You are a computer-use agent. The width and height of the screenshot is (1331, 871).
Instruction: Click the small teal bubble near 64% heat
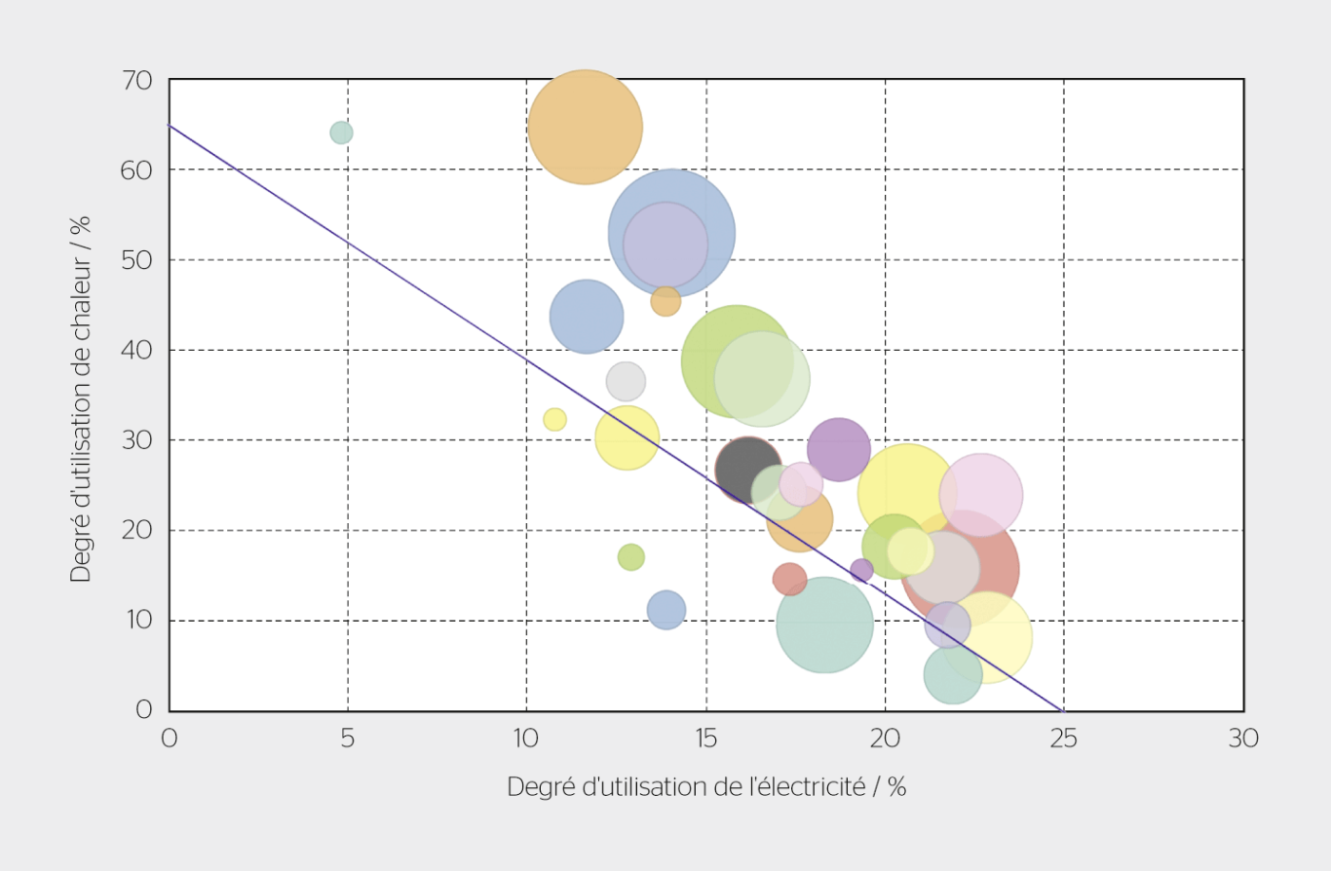(x=341, y=132)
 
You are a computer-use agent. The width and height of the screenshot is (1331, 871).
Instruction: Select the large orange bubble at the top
(x=585, y=126)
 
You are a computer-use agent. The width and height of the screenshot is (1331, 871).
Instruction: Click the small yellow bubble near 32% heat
(x=554, y=419)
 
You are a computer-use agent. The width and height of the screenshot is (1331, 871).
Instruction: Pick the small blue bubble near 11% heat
(x=666, y=610)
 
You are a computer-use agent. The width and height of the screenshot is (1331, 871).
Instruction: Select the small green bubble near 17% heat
(x=631, y=557)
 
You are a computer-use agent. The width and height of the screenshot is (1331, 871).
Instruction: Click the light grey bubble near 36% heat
(x=626, y=381)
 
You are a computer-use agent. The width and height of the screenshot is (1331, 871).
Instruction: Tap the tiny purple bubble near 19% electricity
(x=861, y=571)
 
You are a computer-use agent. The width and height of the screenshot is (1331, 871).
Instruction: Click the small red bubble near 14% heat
(x=789, y=578)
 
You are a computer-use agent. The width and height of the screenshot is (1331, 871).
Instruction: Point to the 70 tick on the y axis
(x=137, y=81)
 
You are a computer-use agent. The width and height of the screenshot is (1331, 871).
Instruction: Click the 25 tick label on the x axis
(x=1063, y=739)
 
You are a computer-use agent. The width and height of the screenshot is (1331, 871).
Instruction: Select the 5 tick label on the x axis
(x=348, y=739)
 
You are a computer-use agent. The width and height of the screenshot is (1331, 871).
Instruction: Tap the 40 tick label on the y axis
(x=137, y=350)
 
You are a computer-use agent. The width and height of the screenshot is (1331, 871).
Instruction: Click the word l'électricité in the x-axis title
(x=807, y=787)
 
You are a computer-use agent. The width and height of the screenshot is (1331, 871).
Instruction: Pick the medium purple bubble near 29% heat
(x=839, y=449)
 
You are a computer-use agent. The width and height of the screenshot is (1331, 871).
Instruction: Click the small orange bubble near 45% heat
(x=665, y=301)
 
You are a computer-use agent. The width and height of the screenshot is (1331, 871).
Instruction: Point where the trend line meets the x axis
(x=1063, y=710)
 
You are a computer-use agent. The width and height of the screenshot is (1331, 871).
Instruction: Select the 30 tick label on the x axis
(x=1243, y=739)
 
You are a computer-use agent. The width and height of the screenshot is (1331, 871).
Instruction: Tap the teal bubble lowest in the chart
(x=952, y=674)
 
